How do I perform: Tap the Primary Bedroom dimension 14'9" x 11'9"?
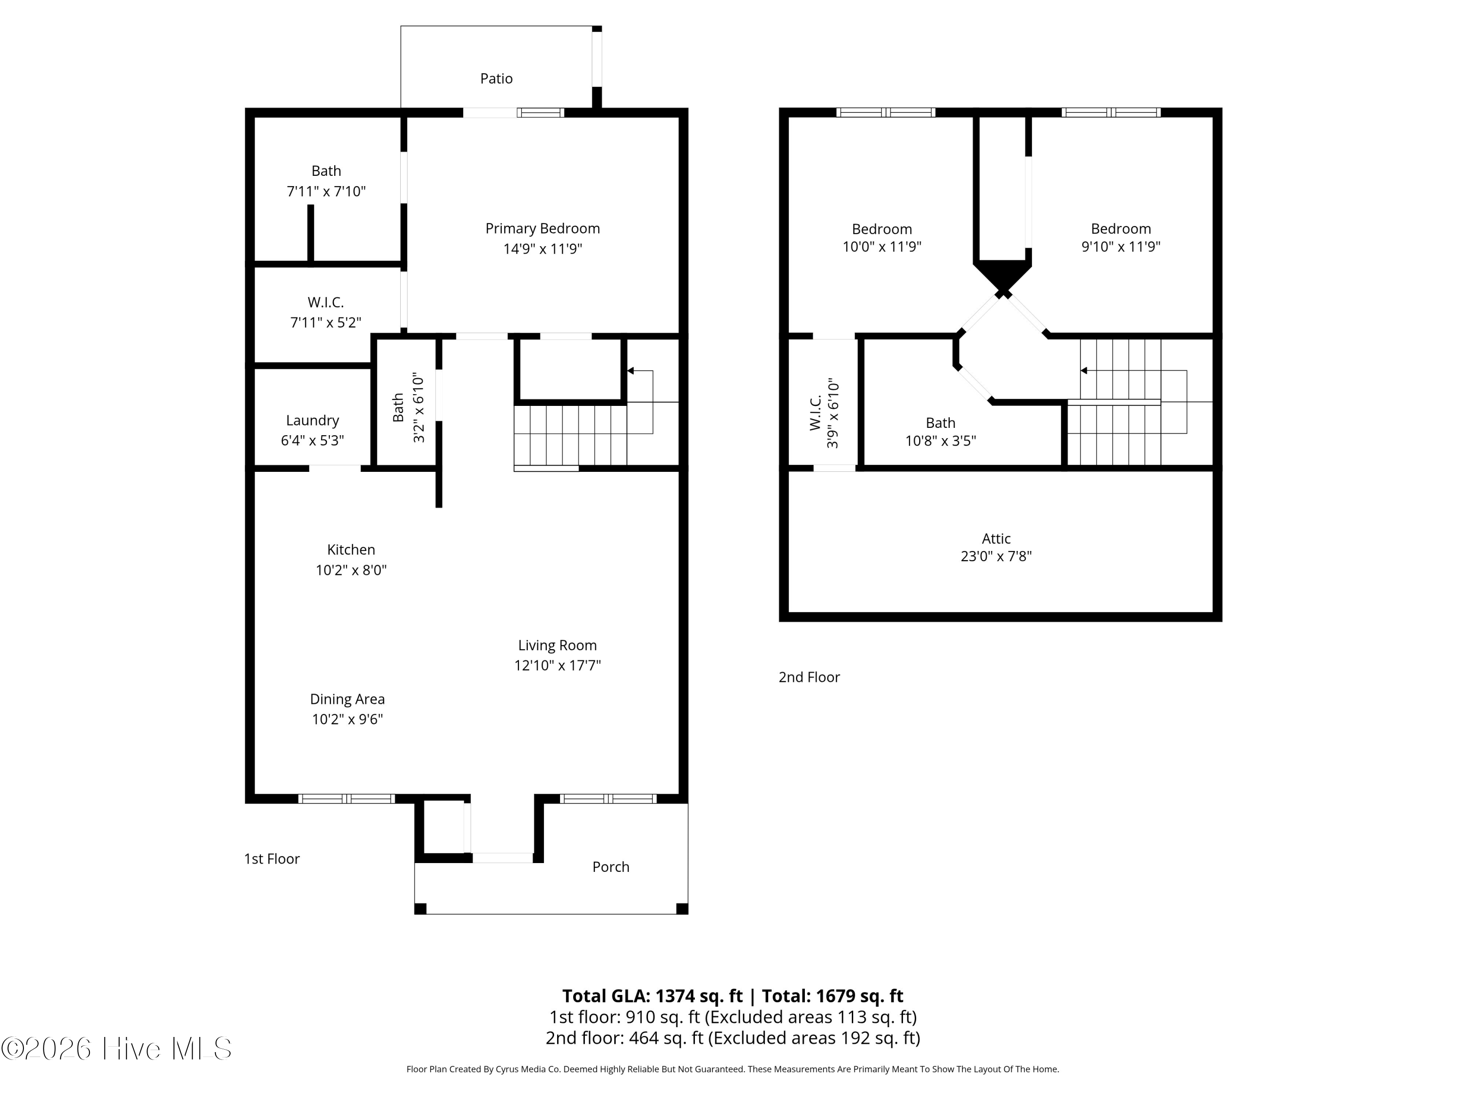542,249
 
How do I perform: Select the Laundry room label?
312,421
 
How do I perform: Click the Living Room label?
557,645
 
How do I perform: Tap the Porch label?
610,867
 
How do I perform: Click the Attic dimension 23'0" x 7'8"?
995,556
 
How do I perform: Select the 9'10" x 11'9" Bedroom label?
1120,229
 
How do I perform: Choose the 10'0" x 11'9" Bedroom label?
882,229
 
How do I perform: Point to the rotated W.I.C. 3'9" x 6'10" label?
824,413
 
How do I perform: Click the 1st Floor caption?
272,859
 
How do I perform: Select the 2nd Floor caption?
809,677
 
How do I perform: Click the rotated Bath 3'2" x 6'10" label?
408,407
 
